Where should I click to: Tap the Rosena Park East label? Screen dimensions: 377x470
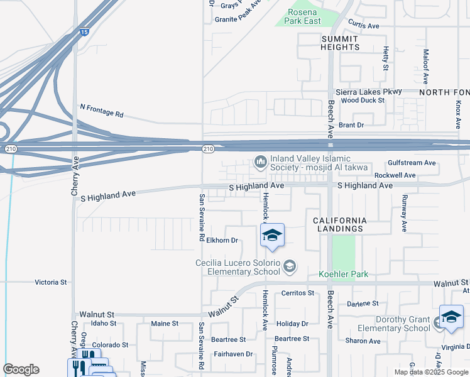coord(304,16)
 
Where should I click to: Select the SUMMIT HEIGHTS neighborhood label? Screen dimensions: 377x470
coord(341,43)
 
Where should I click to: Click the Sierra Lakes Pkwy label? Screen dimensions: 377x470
coord(368,92)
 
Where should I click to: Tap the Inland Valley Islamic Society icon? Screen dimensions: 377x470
coord(261,163)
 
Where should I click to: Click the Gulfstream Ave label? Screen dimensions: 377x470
coord(412,163)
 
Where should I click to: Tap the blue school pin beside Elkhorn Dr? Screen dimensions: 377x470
coord(271,236)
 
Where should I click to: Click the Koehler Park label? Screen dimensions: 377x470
coord(343,274)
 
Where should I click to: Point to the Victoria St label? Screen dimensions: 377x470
coord(51,283)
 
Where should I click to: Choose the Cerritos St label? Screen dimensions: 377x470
coord(298,293)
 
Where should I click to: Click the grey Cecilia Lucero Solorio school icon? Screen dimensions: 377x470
coord(290,267)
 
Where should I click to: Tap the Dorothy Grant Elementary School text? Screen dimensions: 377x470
coord(394,324)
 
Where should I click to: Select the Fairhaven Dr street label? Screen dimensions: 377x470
coord(232,354)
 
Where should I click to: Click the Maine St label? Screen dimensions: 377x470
coord(165,324)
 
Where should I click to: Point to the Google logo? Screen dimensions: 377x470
coord(21,369)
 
